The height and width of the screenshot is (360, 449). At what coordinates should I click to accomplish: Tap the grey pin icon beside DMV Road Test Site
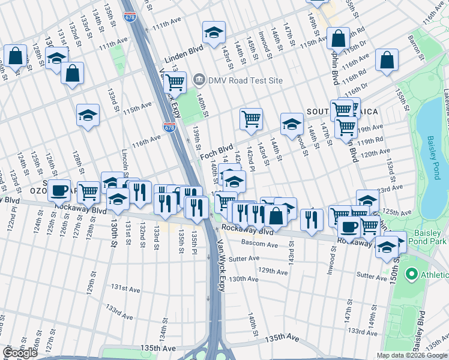pos(199,80)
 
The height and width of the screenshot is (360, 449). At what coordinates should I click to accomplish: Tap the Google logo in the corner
pos(20,353)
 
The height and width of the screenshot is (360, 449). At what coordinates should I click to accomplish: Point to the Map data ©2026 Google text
pos(412,355)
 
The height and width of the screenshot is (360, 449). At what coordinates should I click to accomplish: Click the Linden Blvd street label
pos(184,53)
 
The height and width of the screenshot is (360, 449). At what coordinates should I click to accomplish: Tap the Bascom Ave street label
pos(260,244)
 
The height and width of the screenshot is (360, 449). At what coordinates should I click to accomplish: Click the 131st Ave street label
pos(127,288)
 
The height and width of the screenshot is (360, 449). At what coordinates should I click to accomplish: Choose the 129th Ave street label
pos(274,271)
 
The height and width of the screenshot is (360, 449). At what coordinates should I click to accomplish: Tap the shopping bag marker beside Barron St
pos(387,60)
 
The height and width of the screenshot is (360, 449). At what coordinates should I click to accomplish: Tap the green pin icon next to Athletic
pos(412,275)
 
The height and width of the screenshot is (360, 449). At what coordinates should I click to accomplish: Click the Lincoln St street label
pos(125,163)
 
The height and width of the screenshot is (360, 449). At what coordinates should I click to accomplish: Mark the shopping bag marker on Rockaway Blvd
pos(276,216)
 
